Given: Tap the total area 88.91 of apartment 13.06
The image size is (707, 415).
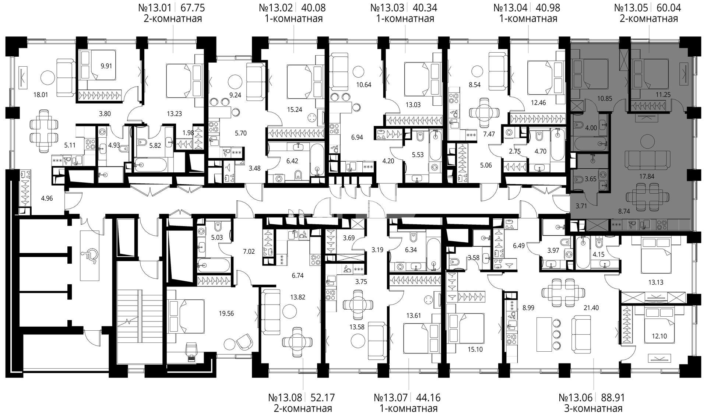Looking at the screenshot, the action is tap(613, 398).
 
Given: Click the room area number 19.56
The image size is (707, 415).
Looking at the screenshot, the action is tap(226, 314).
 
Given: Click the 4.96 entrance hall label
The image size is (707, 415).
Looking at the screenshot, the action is tap(47, 198).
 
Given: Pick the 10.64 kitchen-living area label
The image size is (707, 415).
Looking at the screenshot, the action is tap(363, 84).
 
